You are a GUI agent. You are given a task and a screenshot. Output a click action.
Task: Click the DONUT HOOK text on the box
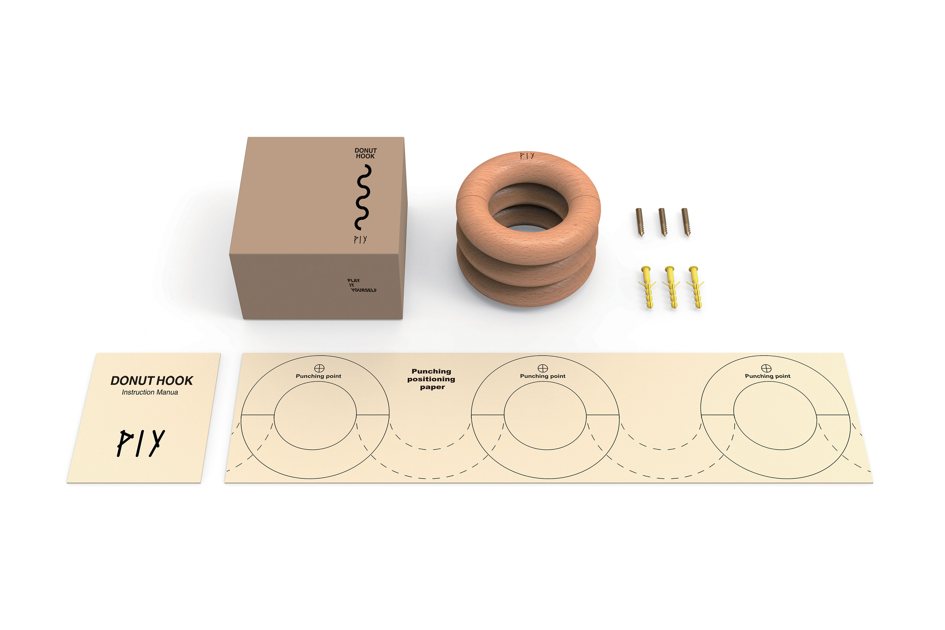pos(365,153)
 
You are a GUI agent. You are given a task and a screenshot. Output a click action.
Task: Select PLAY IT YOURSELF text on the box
pos(362,285)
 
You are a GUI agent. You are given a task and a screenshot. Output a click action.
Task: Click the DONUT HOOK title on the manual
pos(151,380)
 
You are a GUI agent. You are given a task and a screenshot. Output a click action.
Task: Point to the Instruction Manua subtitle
pos(150,392)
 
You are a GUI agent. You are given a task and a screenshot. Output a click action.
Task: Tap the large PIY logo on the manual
pos(141,443)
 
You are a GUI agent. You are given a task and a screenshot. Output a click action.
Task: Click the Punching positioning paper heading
pos(431,379)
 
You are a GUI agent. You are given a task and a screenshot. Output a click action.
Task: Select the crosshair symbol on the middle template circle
pos(543,368)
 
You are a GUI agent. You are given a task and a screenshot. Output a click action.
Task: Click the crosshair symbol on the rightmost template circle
pos(766,368)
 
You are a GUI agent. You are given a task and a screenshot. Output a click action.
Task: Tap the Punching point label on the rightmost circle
pos(767,376)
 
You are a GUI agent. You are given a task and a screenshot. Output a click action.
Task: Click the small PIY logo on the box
pos(360,240)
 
